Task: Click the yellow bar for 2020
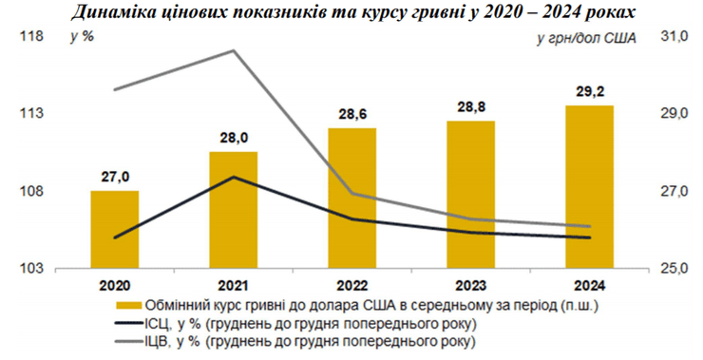[x=114, y=229]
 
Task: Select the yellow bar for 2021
[x=235, y=210]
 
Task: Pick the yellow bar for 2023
[x=471, y=194]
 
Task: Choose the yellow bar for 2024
[x=589, y=186]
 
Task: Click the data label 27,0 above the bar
[x=115, y=176]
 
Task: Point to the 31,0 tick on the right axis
[x=673, y=37]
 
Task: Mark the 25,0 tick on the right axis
[x=673, y=269]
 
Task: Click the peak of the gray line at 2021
[x=234, y=50]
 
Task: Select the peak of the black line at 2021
[x=234, y=177]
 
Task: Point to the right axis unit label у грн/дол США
[x=583, y=38]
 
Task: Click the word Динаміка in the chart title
[x=116, y=12]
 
